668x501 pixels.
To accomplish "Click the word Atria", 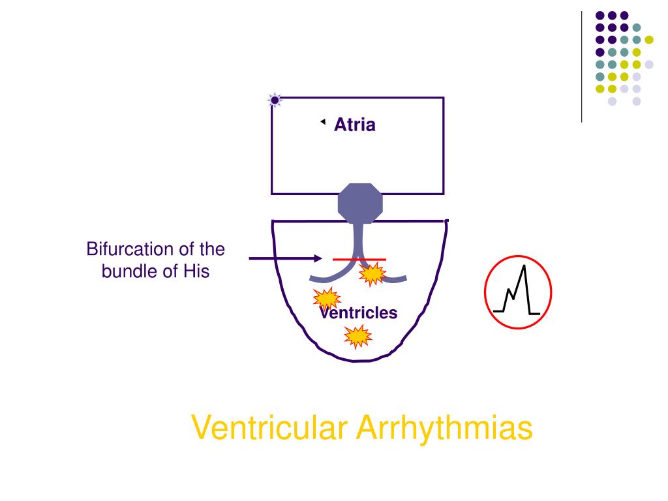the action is pos(355,125).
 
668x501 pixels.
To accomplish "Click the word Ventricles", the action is pos(358,313).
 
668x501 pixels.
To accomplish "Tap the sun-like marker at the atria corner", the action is pos(275,100).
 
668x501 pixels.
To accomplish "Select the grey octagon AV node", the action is pos(359,204).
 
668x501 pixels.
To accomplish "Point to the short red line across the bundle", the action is pos(359,259).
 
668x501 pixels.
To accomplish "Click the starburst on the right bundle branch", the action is pos(373,275).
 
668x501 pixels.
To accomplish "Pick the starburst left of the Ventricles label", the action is pos(326,299).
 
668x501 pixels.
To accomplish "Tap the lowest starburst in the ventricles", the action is pos(357,337).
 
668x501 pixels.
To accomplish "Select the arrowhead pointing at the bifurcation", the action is pos(318,258).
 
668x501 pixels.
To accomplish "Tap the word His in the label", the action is pos(196,271).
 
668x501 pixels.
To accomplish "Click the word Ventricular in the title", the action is pos(270,429).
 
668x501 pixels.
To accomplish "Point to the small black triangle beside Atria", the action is pos(322,121).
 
